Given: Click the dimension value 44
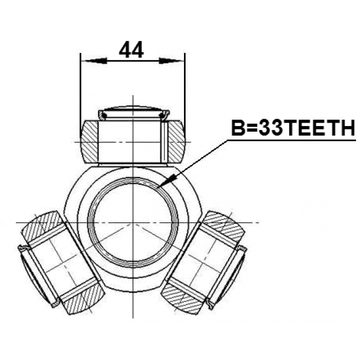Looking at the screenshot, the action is click(x=131, y=49).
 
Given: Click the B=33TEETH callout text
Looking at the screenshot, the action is click(x=293, y=128).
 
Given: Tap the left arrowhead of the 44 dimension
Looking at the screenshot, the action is click(x=94, y=61).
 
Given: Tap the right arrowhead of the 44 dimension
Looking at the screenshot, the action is click(x=171, y=61).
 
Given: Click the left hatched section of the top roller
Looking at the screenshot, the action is click(x=89, y=142).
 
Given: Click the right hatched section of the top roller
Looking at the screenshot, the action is click(x=176, y=142).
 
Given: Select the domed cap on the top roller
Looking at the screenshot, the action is click(x=134, y=112).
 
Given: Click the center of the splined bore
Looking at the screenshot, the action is click(x=133, y=223).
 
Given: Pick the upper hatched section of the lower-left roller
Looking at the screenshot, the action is click(x=42, y=226).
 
